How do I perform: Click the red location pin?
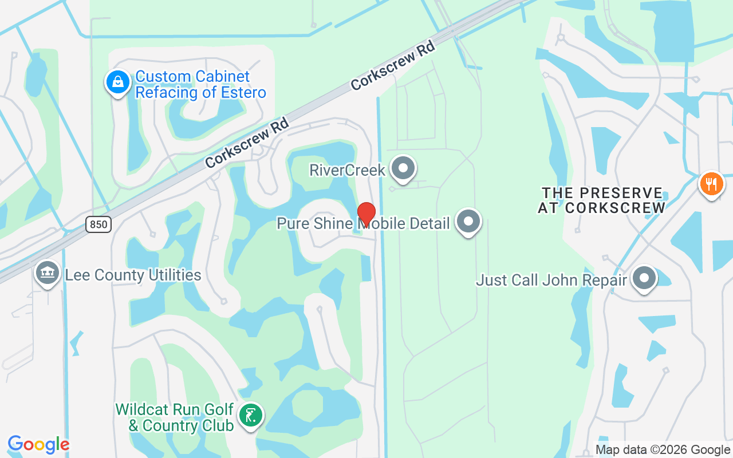point(366,214)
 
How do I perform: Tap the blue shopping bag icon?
point(117,82)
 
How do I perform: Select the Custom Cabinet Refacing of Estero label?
point(200,84)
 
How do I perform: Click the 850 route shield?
point(98,224)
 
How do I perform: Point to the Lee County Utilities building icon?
point(48,273)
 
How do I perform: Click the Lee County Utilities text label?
point(133,275)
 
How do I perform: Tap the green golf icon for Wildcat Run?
point(250,415)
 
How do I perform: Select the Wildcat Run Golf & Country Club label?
point(175,417)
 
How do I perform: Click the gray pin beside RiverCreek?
point(403,168)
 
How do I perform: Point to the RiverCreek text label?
point(347,169)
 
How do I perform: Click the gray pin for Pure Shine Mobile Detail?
point(468,221)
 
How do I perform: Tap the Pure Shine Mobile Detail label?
point(363,223)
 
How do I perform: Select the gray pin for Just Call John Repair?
point(644,279)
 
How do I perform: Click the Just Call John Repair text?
point(552,280)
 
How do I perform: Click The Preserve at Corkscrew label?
point(601,200)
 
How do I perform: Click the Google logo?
point(38,444)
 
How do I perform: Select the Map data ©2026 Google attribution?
point(663,450)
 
